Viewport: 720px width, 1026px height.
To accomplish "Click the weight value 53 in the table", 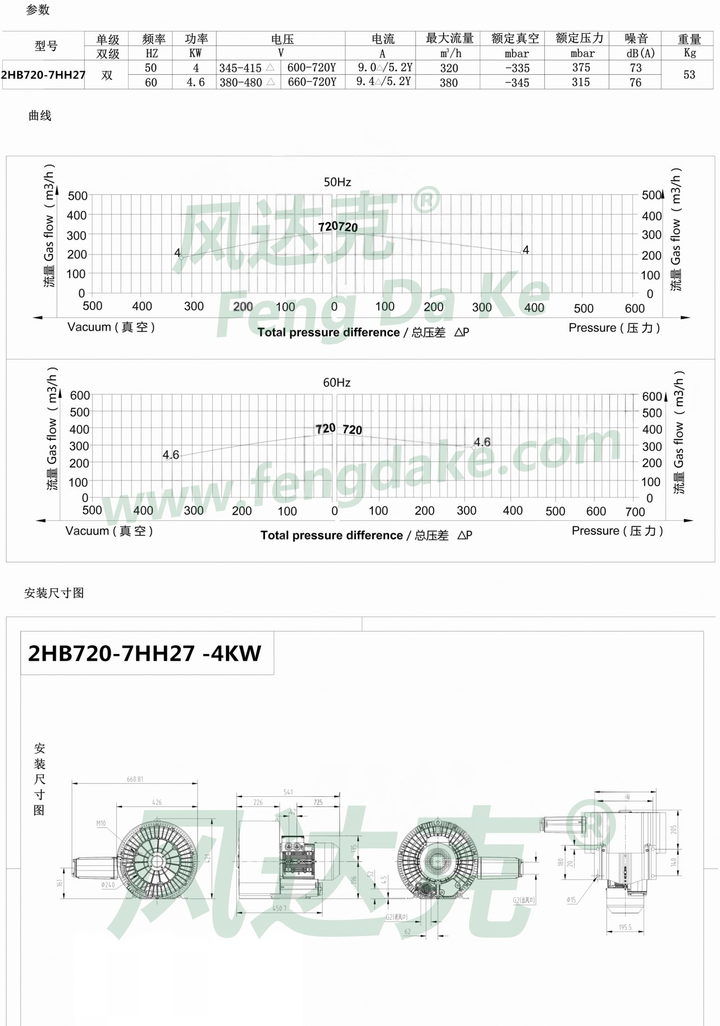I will pos(689,75).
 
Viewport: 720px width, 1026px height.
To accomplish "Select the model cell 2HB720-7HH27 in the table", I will pos(43,75).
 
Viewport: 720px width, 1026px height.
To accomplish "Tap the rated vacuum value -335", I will pos(517,68).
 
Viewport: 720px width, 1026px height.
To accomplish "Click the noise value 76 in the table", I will pos(635,83).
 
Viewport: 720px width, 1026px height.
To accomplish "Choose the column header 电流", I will pos(383,39).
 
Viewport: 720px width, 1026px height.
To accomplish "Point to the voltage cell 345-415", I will pos(240,68).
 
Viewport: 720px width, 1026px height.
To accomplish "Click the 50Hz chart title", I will pos(337,182).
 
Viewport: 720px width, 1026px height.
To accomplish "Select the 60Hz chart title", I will pos(336,383).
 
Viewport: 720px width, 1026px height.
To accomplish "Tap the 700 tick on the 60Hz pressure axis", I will pos(635,512).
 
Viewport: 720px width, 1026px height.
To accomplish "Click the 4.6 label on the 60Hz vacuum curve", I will pos(171,455).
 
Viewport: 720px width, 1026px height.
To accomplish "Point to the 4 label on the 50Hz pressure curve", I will pos(526,249).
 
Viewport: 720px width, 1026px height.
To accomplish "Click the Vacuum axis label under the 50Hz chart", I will pos(111,327).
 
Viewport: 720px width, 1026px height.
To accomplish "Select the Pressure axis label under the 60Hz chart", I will pos(617,531).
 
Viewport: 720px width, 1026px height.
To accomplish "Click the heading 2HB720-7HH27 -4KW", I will pos(144,653).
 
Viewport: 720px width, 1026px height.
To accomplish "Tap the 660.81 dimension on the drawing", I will pos(135,779).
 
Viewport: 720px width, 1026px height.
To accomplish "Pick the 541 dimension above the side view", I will pos(288,792).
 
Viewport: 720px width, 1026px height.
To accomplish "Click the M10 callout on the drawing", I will pos(101,823).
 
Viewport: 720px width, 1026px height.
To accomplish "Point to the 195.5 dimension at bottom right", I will pos(625,927).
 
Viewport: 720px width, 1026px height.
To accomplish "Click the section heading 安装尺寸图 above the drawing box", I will pos(54,593).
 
